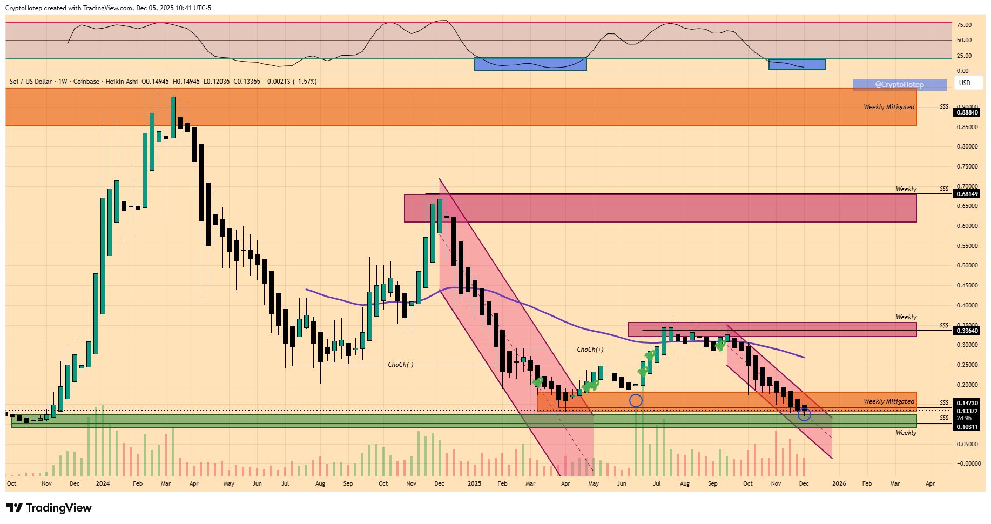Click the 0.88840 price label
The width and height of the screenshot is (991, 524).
coord(967,112)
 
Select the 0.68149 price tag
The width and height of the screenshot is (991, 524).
coord(967,194)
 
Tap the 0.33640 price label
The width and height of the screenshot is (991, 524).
coord(967,330)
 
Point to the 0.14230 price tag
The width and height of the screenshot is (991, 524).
coord(967,403)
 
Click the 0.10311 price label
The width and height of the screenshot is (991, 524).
coord(967,427)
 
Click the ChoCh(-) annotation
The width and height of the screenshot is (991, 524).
coord(401,365)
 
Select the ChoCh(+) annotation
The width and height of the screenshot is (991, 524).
coord(590,350)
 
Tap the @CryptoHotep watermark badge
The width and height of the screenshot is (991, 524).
coord(899,84)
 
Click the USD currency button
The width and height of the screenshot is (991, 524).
coord(965,83)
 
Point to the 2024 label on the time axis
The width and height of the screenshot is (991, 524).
coord(103,483)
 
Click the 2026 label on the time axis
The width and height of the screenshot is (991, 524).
coord(839,483)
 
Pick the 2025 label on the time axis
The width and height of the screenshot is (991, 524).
coord(474,483)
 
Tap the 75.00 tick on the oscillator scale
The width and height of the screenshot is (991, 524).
coord(964,25)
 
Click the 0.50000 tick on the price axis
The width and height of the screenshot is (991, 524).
coord(967,266)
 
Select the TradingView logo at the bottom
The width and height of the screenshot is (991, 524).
coord(49,508)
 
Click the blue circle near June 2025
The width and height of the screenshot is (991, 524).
coord(636,400)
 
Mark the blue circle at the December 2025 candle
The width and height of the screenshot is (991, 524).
coord(804,414)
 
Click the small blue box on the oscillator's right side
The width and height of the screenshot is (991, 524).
coord(797,64)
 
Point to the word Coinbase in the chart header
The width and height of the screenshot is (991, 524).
coord(86,82)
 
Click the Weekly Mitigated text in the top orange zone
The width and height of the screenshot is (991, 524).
coord(889,107)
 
